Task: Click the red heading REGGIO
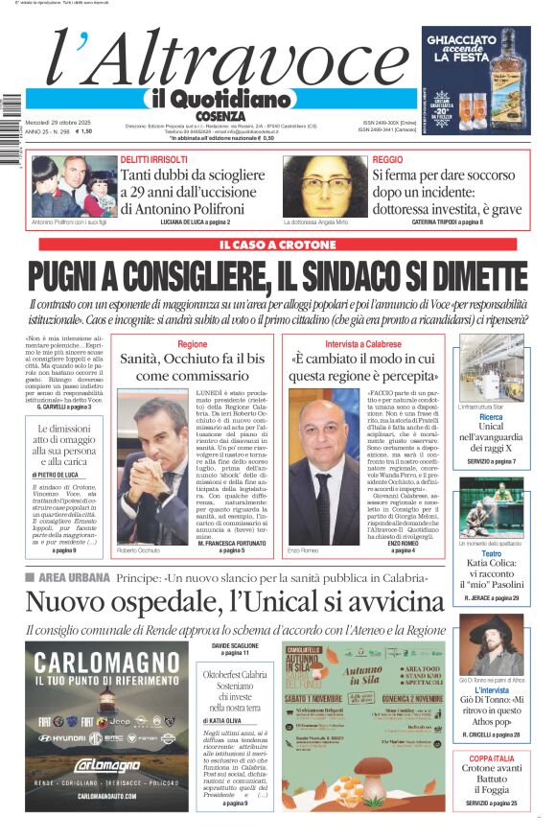click(387, 159)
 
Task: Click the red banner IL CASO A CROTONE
click(278, 246)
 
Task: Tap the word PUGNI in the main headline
click(80, 277)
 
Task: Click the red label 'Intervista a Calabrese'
click(363, 343)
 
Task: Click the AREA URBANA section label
click(72, 577)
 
